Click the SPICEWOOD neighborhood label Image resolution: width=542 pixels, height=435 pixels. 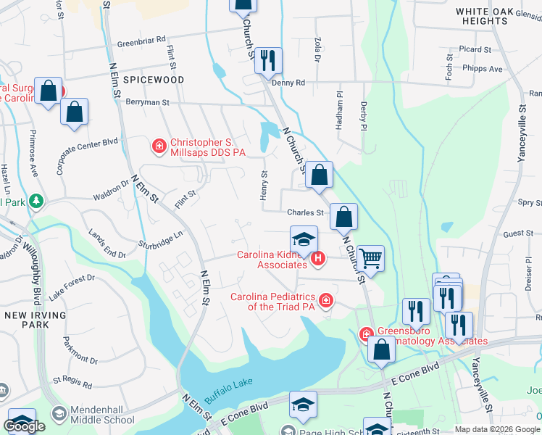pos(153,80)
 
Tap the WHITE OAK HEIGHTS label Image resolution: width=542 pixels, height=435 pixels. pos(492,16)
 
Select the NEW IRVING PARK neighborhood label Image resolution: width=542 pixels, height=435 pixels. pos(35,320)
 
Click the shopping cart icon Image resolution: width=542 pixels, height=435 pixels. pos(370,257)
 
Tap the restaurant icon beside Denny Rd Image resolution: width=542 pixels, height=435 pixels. pos(269,61)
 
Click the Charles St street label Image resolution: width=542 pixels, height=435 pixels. pos(304,213)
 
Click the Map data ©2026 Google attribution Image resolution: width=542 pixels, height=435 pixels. pos(496,429)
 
